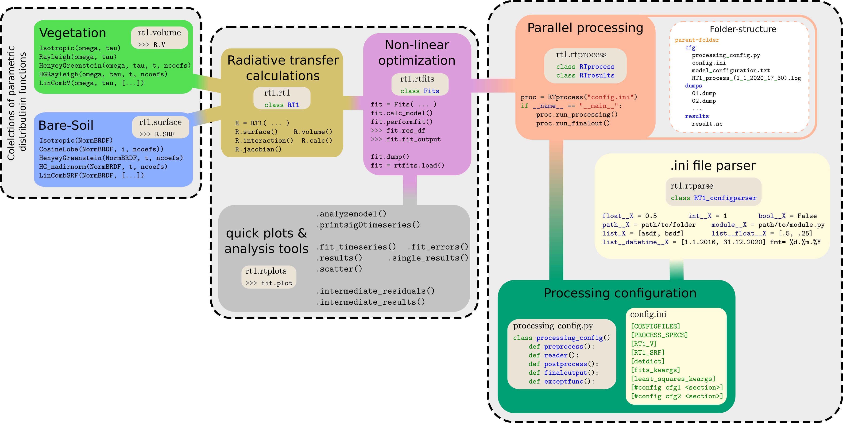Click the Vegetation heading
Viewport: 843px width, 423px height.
73,33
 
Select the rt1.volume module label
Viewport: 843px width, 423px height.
159,33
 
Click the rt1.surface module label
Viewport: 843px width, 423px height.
160,122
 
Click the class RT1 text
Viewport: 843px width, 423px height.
282,105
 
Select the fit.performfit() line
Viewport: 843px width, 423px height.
402,122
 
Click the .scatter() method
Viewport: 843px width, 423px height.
339,269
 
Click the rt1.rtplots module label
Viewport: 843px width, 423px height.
266,271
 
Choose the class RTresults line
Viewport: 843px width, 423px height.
585,76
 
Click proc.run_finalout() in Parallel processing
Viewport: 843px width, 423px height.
573,124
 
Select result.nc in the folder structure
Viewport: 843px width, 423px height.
707,124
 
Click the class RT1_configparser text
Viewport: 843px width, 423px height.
713,198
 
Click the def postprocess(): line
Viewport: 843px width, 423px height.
563,364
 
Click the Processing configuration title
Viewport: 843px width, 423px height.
620,293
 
